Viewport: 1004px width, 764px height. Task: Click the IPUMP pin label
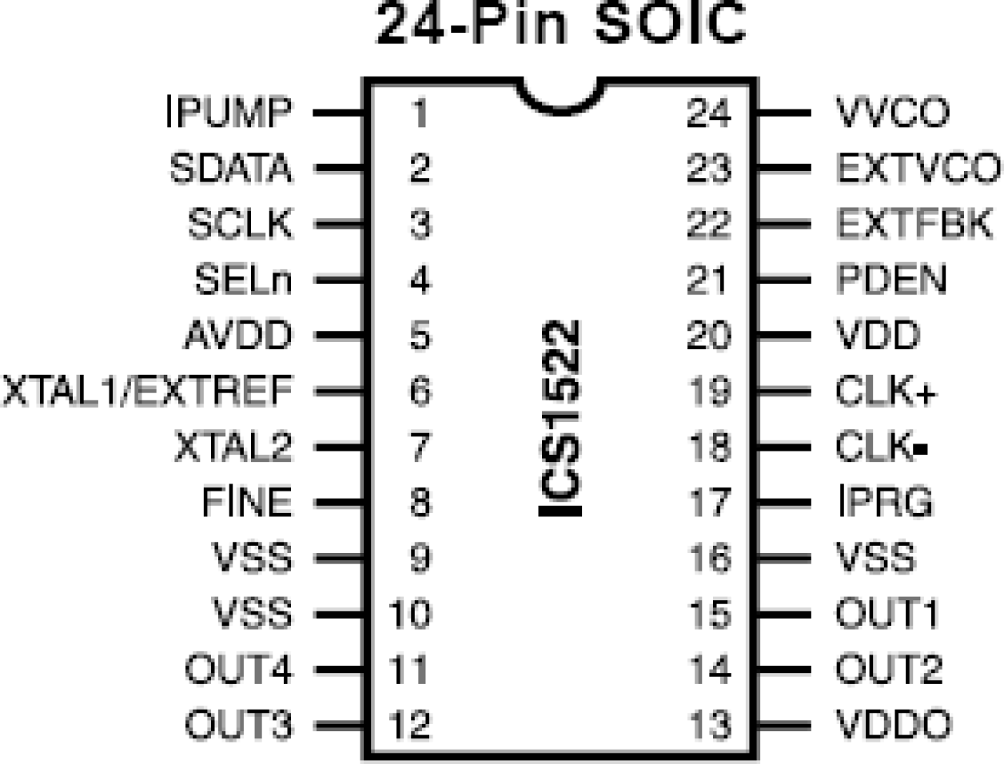[x=229, y=113]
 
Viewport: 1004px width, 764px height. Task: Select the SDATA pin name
[x=230, y=169]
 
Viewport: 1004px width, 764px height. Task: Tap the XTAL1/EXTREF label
[x=147, y=391]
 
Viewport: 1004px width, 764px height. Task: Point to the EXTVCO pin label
[x=918, y=169]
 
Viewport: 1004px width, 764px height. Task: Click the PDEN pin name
[x=891, y=280]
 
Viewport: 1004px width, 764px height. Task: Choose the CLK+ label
[x=886, y=391]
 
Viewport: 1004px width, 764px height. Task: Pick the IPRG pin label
[x=886, y=502]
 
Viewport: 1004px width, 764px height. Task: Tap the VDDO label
[x=894, y=725]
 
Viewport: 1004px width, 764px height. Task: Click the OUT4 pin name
[x=238, y=669]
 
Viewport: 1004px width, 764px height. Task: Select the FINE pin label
[x=247, y=502]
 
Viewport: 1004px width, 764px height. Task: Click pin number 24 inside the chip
[x=708, y=113]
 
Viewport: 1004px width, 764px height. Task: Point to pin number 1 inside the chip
[x=419, y=113]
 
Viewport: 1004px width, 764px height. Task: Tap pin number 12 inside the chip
[x=409, y=725]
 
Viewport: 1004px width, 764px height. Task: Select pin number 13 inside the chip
[x=708, y=725]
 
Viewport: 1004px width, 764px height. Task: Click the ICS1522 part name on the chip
[x=560, y=417]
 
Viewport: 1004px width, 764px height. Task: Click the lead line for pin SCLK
[x=339, y=225]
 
